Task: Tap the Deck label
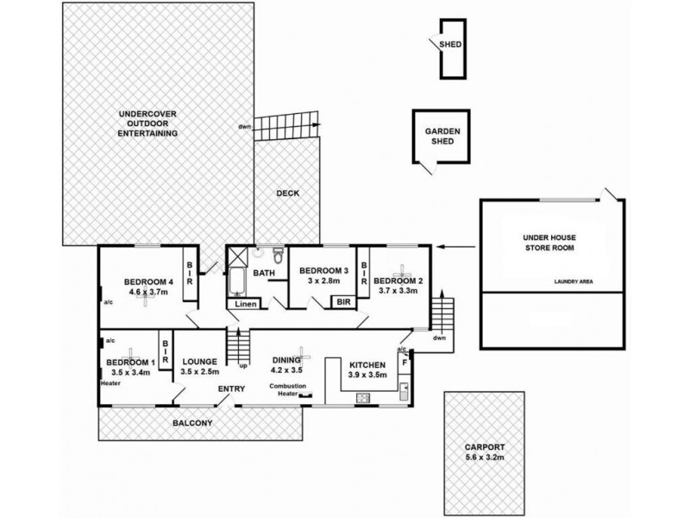pyautogui.click(x=287, y=193)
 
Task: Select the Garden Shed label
pyautogui.click(x=442, y=136)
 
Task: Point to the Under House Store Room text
pyautogui.click(x=549, y=242)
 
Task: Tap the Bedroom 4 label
pyautogui.click(x=149, y=281)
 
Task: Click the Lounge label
pyautogui.click(x=201, y=363)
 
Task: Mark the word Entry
pyautogui.click(x=230, y=389)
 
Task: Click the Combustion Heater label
pyautogui.click(x=287, y=390)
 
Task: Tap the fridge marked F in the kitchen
pyautogui.click(x=405, y=363)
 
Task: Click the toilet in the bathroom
pyautogui.click(x=277, y=256)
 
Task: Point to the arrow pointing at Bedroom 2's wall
pyautogui.click(x=452, y=248)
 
